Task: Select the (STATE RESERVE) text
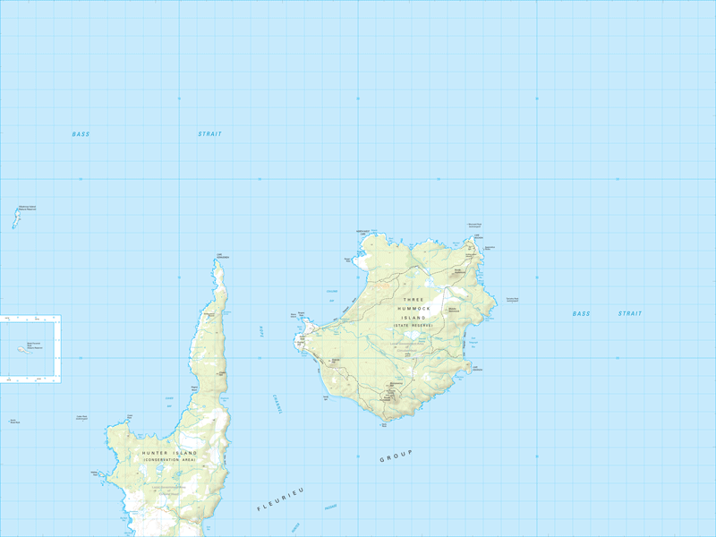coord(413,326)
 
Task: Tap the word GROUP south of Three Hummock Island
coord(393,456)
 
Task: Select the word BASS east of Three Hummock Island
coord(582,314)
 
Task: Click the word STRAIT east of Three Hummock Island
coord(630,314)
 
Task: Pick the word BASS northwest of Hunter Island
coord(81,134)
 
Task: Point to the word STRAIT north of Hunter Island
coord(209,134)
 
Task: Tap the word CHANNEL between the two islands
coord(277,405)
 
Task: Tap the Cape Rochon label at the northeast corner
coord(489,247)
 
